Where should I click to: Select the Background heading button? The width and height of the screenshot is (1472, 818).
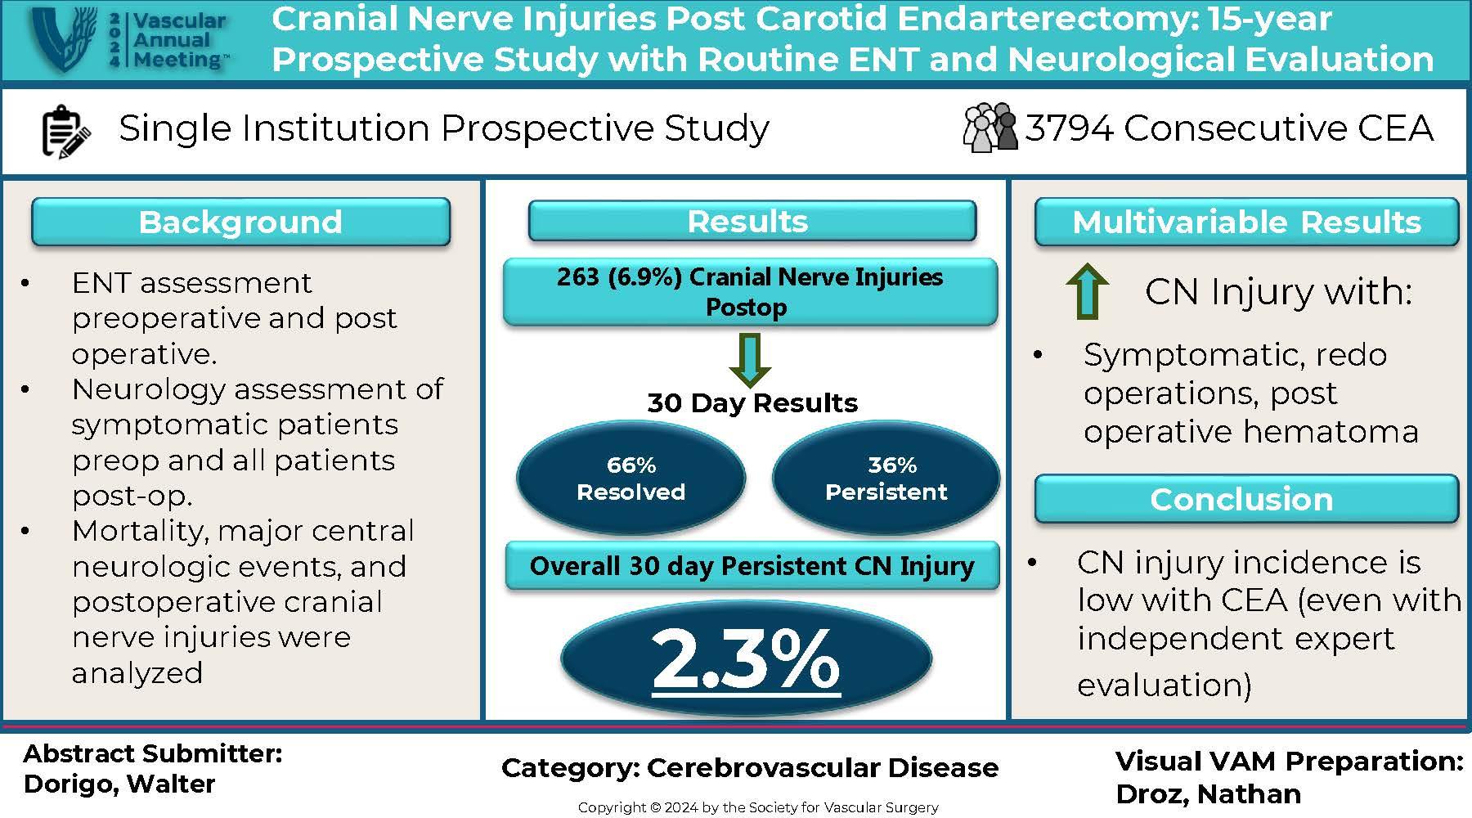(x=240, y=222)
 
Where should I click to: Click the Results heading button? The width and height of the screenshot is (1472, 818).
(x=752, y=221)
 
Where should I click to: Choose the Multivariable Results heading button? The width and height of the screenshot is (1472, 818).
(x=1246, y=222)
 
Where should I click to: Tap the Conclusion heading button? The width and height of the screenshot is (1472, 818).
(x=1246, y=499)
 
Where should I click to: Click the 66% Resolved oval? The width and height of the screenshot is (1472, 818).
(x=631, y=479)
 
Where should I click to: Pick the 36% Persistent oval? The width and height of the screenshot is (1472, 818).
(x=886, y=479)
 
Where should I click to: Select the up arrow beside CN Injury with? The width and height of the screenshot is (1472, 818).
(x=1088, y=290)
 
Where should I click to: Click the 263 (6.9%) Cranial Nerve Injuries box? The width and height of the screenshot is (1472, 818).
(x=750, y=292)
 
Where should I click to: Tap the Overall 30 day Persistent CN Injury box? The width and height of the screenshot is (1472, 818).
(x=752, y=565)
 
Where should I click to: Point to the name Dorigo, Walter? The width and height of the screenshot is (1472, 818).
(x=119, y=784)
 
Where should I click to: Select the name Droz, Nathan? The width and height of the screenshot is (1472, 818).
(x=1208, y=793)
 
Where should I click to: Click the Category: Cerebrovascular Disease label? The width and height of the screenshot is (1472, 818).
(x=750, y=767)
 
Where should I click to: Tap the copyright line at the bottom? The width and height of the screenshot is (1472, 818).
(x=758, y=807)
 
